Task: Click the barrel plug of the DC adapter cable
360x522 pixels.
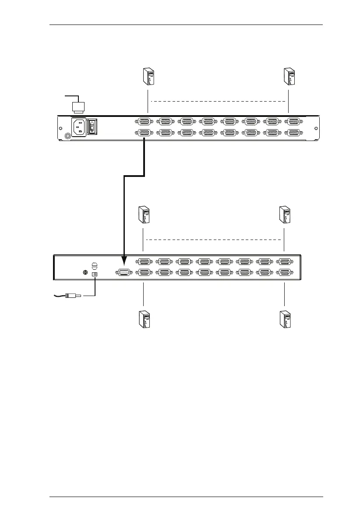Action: (72, 296)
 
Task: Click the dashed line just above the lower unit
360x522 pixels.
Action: (214, 240)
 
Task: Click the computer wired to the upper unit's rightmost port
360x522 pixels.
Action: (289, 77)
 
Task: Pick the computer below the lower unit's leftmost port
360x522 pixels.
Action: (143, 319)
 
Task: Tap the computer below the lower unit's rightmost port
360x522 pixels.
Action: (285, 319)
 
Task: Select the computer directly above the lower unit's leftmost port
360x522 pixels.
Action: (143, 215)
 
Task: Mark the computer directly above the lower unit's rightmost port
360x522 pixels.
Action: (285, 215)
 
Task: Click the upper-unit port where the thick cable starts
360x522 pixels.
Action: (144, 133)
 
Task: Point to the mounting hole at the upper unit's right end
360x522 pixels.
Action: (314, 128)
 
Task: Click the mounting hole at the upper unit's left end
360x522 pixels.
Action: (60, 128)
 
